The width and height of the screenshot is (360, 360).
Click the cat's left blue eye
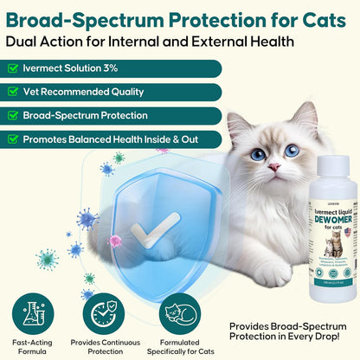pyautogui.click(x=258, y=154)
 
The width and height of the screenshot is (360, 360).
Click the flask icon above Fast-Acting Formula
pyautogui.click(x=30, y=312)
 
